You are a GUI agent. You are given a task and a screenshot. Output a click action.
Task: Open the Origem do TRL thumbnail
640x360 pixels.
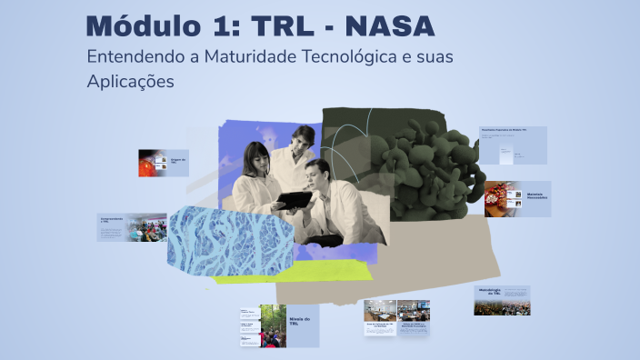tap(163, 163)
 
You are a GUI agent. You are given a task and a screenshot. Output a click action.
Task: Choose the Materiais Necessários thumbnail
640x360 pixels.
tap(517, 198)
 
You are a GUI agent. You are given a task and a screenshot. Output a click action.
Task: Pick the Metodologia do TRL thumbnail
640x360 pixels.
tap(501, 300)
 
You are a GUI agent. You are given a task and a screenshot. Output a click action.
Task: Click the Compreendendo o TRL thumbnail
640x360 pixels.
tap(132, 227)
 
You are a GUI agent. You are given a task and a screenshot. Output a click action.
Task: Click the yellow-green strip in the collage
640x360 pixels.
tap(273, 270)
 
